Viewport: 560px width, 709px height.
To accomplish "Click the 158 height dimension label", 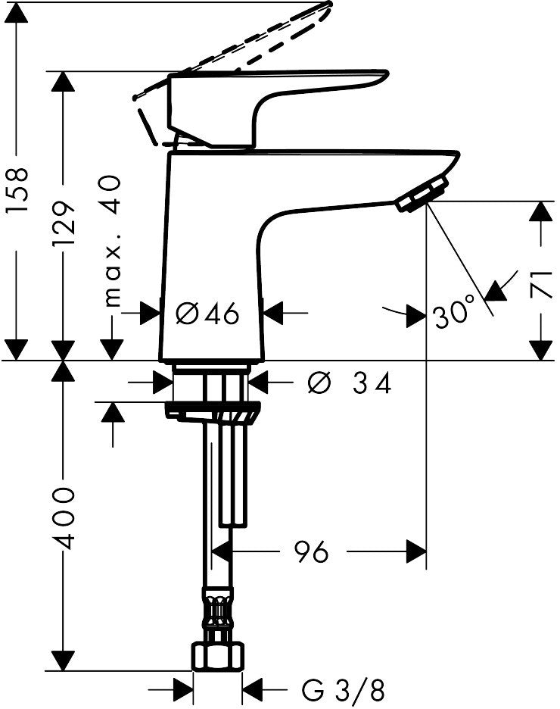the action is coord(18,189).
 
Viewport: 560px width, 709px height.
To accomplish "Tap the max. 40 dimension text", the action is coord(110,241).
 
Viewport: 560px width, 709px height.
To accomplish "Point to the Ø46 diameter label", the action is coord(207,313).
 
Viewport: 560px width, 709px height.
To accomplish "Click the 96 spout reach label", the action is coord(311,551).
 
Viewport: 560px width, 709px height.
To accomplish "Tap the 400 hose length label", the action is coord(63,517).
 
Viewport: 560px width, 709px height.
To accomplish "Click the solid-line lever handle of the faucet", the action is coord(278,108).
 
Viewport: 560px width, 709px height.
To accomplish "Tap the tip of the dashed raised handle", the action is coord(329,5).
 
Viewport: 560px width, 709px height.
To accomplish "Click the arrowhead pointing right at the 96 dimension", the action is coord(416,551).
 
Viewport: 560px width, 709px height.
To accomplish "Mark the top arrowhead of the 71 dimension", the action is coord(540,211).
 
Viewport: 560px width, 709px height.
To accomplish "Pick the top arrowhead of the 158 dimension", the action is coord(17,12).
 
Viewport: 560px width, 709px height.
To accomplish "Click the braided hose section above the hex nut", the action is coord(218,613).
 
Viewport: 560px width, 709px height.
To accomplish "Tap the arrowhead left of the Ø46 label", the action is coord(151,313).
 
